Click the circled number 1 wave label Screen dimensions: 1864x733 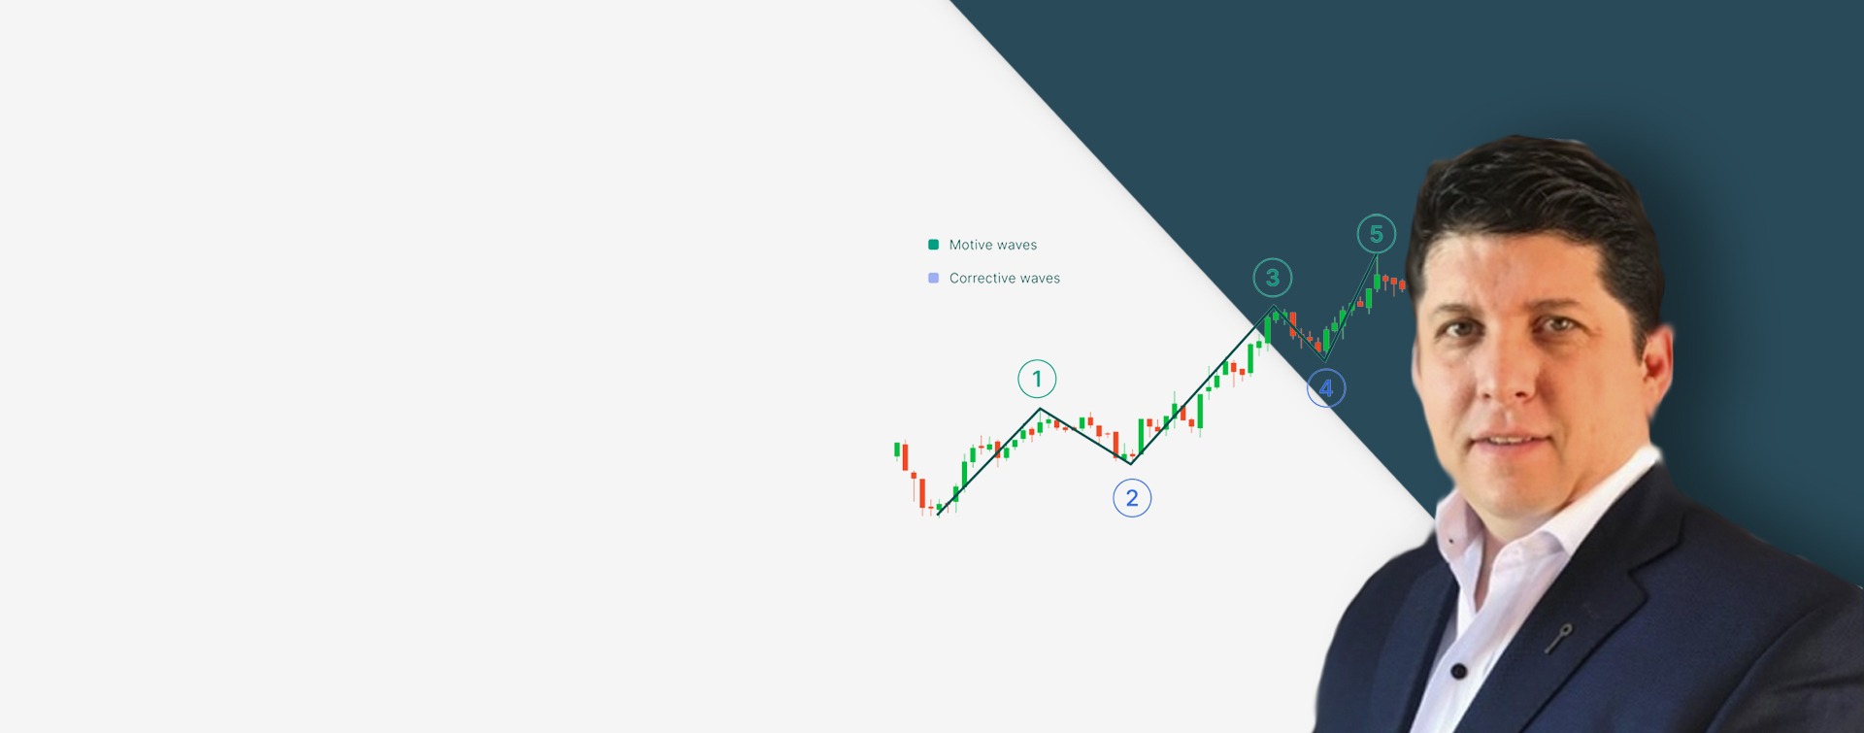(x=1037, y=379)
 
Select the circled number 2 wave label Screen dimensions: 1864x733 (x=1132, y=498)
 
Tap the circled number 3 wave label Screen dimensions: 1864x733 (x=1273, y=278)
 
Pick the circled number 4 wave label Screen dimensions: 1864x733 (x=1326, y=388)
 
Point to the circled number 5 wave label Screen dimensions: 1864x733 (x=1377, y=234)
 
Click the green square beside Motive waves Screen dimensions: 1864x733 (x=934, y=245)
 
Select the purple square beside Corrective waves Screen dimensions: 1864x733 (x=934, y=278)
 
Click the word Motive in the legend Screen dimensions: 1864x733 (x=969, y=245)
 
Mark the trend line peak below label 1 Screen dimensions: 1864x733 (x=1040, y=410)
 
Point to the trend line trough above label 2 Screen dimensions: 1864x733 (x=1130, y=463)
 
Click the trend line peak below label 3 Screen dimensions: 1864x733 (x=1274, y=307)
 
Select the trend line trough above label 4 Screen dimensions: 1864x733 (x=1325, y=360)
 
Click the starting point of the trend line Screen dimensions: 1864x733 (x=938, y=516)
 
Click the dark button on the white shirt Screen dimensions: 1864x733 (x=1458, y=671)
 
